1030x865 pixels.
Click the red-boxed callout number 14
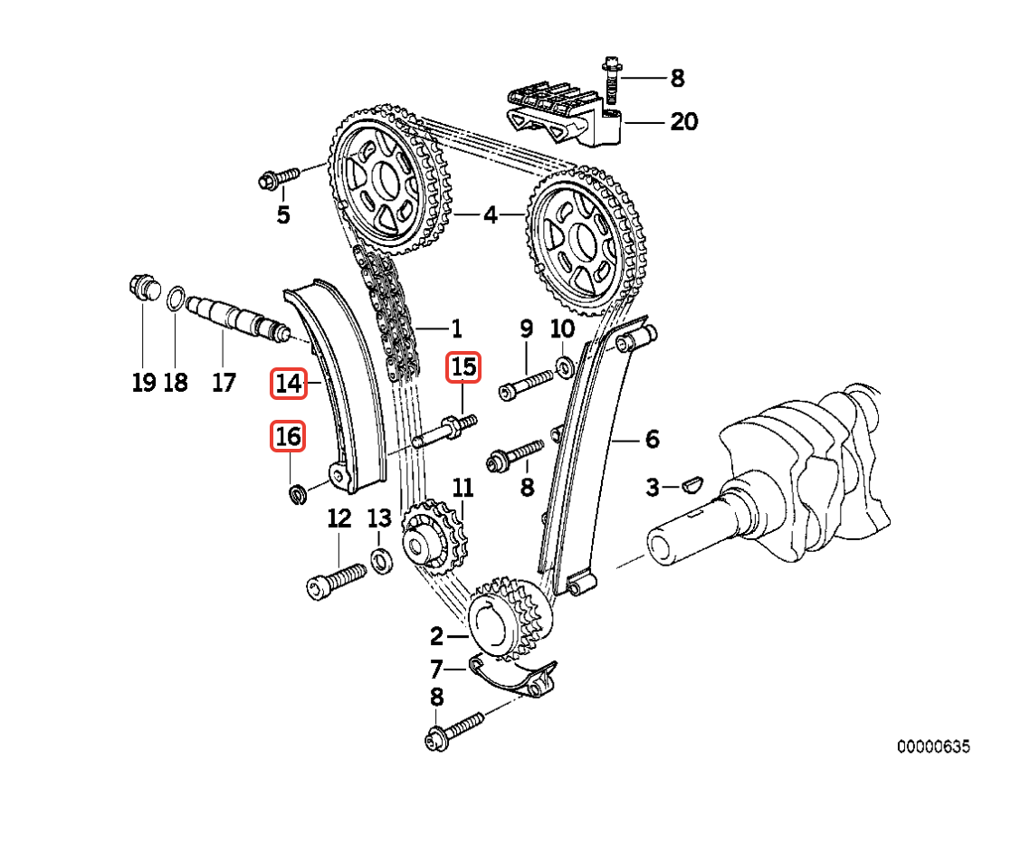pyautogui.click(x=288, y=384)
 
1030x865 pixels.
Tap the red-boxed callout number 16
pyautogui.click(x=288, y=436)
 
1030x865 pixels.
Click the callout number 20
pyautogui.click(x=683, y=121)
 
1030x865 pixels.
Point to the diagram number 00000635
pyautogui.click(x=933, y=746)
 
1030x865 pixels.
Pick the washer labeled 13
pyautogui.click(x=383, y=559)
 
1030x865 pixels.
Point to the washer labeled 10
pyautogui.click(x=564, y=367)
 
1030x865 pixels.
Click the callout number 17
pyautogui.click(x=224, y=382)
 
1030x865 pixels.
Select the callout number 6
pyautogui.click(x=652, y=440)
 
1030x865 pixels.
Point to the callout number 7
pyautogui.click(x=436, y=670)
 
